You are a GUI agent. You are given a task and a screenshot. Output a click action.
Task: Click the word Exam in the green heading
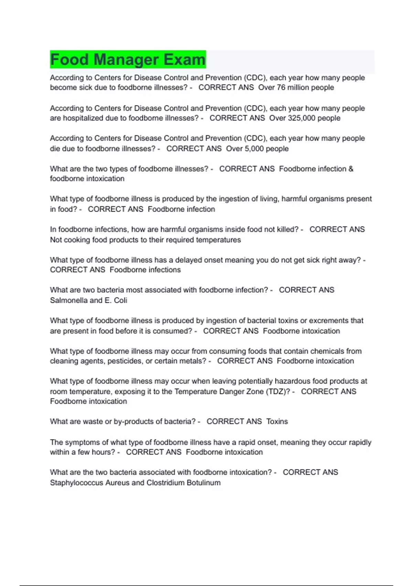pos(184,60)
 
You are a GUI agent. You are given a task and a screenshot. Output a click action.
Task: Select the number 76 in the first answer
pos(281,88)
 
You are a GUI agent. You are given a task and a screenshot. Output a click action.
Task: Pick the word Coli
pos(120,300)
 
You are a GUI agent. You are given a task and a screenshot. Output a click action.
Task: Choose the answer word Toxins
pos(277,422)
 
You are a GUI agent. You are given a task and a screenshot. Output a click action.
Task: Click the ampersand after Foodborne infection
pos(351,169)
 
